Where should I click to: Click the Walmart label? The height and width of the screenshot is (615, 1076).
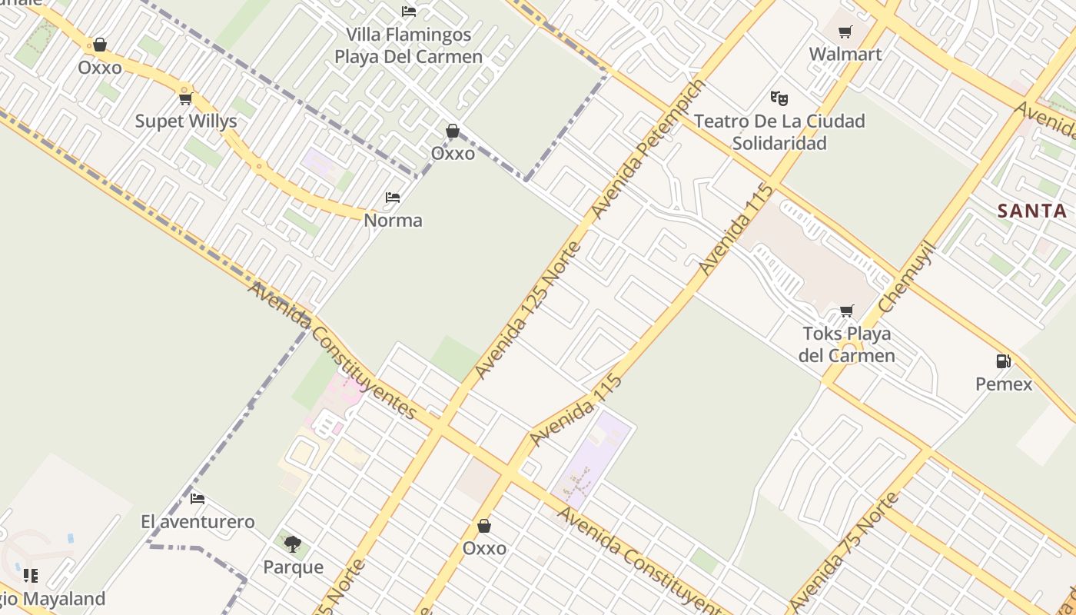845,54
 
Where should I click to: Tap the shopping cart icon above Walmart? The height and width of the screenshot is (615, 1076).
845,32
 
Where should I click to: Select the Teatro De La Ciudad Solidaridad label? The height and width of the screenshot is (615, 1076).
779,131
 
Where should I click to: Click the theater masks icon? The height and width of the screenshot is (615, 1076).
779,98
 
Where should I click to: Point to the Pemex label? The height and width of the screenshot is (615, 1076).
1004,383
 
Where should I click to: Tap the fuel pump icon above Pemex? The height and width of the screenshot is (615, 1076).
1003,361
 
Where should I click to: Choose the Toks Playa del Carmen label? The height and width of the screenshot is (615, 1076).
846,344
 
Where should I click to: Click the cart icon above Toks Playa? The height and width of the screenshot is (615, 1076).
846,311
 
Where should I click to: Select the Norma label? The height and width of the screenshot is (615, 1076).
393,221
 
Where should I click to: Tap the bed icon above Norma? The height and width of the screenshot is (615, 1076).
393,198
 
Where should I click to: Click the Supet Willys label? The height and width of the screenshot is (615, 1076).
186,121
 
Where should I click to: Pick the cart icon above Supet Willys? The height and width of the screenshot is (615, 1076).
185,98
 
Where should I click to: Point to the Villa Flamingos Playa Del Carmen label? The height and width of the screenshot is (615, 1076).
408,45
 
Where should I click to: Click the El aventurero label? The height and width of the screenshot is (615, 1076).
198,522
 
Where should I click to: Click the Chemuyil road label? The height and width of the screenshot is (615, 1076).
906,277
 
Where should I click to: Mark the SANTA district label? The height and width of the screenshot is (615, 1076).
1032,211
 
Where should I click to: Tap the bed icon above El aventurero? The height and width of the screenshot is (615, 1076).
198,499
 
